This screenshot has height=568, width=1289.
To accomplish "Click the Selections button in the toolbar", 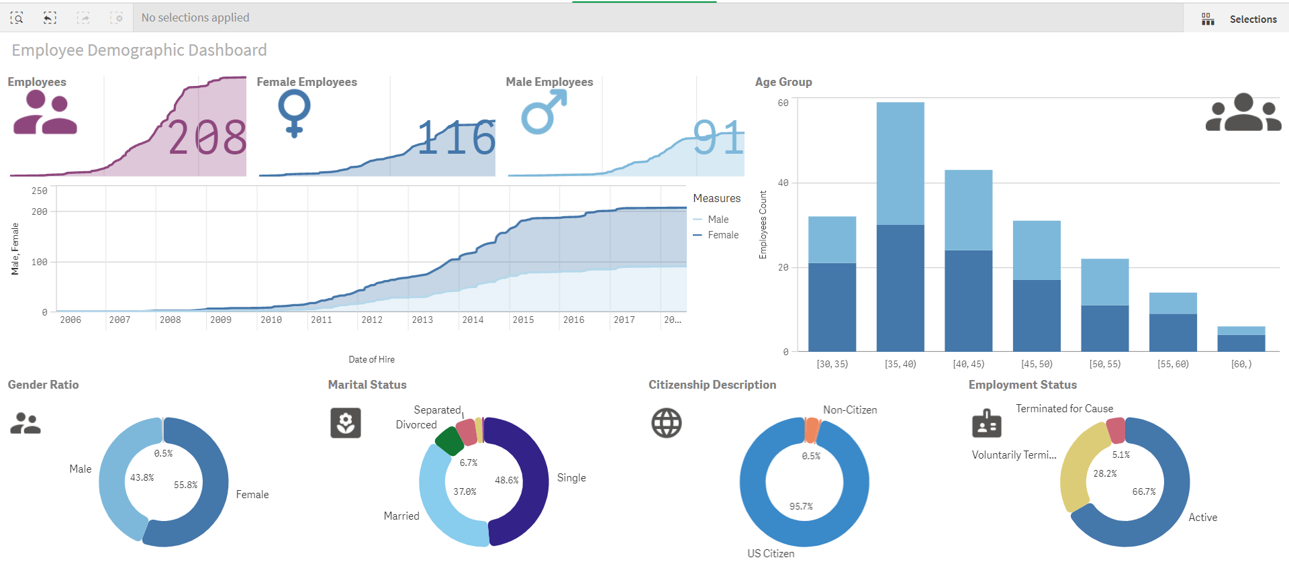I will click(1239, 19).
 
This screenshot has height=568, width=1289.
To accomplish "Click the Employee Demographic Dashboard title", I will click(139, 50).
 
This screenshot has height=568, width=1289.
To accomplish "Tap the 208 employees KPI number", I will click(207, 138).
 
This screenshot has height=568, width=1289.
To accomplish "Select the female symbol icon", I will click(294, 113).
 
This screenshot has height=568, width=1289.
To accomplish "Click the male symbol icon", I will click(544, 112).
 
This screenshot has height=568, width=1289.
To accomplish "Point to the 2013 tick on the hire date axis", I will click(422, 320).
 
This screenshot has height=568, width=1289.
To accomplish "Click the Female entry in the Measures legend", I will click(722, 235).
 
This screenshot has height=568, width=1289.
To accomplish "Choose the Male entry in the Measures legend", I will click(718, 220).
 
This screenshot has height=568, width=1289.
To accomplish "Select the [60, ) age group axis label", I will click(1241, 364).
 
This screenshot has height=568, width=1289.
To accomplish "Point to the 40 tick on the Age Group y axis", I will click(783, 183).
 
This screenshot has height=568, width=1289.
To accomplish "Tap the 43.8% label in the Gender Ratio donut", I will click(142, 477).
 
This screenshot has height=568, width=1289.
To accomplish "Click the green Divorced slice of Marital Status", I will click(448, 441).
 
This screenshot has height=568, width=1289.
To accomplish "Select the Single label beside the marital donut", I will click(571, 478).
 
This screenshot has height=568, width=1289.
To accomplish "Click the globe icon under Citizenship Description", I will click(666, 423).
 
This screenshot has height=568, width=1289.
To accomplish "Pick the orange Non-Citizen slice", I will click(812, 430).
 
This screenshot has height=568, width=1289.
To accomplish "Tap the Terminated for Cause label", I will click(1064, 409).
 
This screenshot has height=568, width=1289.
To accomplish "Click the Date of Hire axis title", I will click(371, 360).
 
